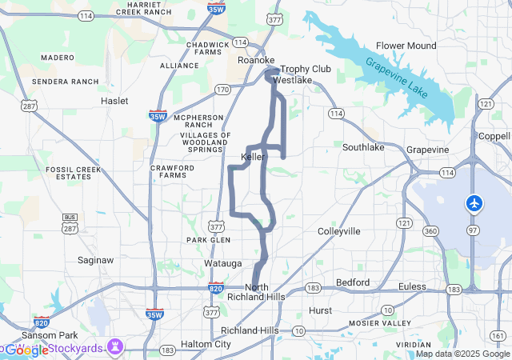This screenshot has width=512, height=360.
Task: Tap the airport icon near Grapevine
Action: (474, 204)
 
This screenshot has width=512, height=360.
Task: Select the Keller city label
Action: (253, 157)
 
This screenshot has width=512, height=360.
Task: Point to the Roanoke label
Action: (256, 60)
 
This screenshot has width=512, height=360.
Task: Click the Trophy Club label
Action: (305, 69)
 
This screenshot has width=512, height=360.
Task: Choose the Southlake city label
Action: (363, 147)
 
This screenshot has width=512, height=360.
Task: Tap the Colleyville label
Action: (339, 231)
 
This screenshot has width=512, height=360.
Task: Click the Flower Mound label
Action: (406, 46)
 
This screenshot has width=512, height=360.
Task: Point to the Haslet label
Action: (114, 101)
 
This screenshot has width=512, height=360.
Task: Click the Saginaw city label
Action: (95, 260)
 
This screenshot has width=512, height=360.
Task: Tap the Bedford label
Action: (353, 282)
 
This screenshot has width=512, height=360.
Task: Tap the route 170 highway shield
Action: (223, 89)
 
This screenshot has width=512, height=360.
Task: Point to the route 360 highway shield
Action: (430, 231)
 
